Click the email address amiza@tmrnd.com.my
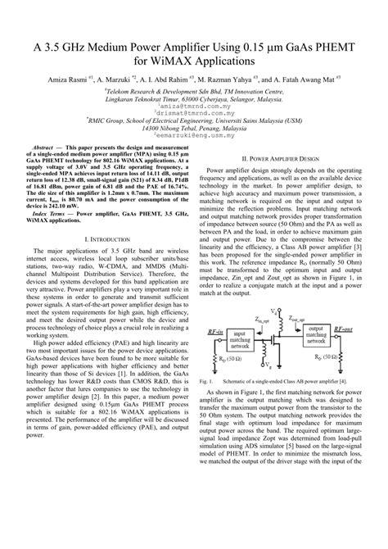click(194, 107)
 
